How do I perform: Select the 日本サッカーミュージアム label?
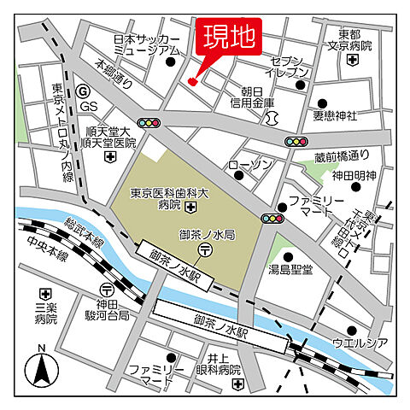(x=147, y=45)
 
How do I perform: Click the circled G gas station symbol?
(x=82, y=89)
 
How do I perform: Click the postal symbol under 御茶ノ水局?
(x=206, y=249)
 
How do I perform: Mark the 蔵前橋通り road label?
(x=341, y=156)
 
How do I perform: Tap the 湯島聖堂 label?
(x=290, y=269)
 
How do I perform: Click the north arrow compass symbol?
(x=40, y=369)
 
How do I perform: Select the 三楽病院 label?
(x=45, y=313)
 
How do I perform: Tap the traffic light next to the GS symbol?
(x=150, y=124)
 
